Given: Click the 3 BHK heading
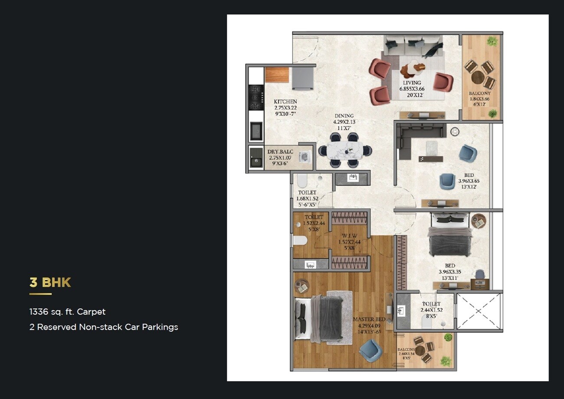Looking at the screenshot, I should [50, 283].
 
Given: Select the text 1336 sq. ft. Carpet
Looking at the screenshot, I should [67, 312].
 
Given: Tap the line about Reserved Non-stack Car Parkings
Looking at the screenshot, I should [103, 327].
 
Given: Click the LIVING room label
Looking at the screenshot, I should [411, 82].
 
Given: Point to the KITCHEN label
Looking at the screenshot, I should [285, 102].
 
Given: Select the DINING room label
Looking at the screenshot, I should [344, 116].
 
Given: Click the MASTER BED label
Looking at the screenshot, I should [369, 319].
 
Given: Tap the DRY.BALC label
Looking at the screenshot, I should [281, 152].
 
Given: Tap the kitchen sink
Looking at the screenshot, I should [256, 131].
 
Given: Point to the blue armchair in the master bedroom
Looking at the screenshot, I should [371, 350].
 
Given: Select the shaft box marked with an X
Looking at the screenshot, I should [479, 311].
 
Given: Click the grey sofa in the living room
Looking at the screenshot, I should [412, 46].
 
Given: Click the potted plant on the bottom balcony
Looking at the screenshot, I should [446, 361].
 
